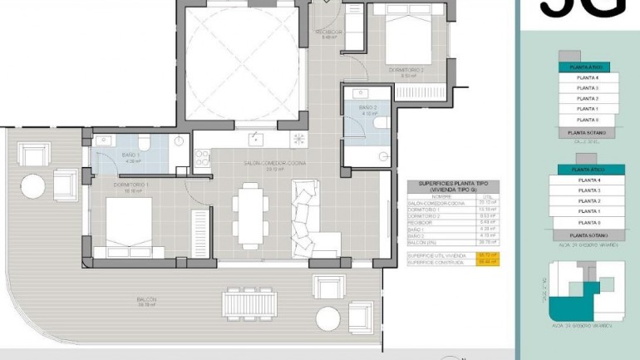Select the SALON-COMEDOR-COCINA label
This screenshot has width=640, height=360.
pyautogui.click(x=274, y=163)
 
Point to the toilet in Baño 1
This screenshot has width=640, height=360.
pyautogui.click(x=144, y=141)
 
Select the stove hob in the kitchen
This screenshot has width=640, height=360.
pyautogui.click(x=298, y=139)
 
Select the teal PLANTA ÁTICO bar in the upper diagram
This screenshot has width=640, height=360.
pyautogui.click(x=586, y=67)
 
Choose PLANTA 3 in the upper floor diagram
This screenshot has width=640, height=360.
pyautogui.click(x=588, y=87)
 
